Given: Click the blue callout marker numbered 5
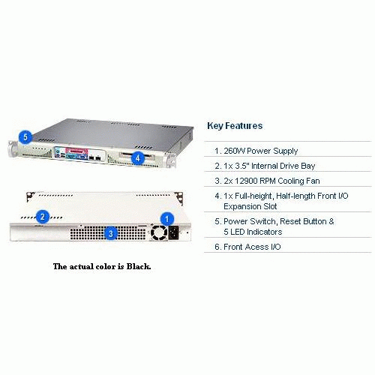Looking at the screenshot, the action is [25, 137].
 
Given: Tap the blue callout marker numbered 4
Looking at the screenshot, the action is [137, 157].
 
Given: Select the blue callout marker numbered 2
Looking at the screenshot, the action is [43, 217].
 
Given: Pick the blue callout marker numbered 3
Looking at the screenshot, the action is [111, 233].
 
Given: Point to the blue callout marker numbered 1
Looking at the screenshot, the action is [167, 219].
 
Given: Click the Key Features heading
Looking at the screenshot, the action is [235, 126].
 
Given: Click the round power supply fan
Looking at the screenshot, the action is [159, 232].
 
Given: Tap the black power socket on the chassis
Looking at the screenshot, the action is [174, 232].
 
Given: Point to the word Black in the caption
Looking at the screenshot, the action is [139, 266].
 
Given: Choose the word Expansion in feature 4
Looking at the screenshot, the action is [240, 206].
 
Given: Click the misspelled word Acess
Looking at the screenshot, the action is [257, 247].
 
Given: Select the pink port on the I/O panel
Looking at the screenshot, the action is [76, 151].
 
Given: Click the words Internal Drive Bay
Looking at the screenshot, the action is [283, 166].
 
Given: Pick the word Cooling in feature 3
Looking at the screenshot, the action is [291, 181].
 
